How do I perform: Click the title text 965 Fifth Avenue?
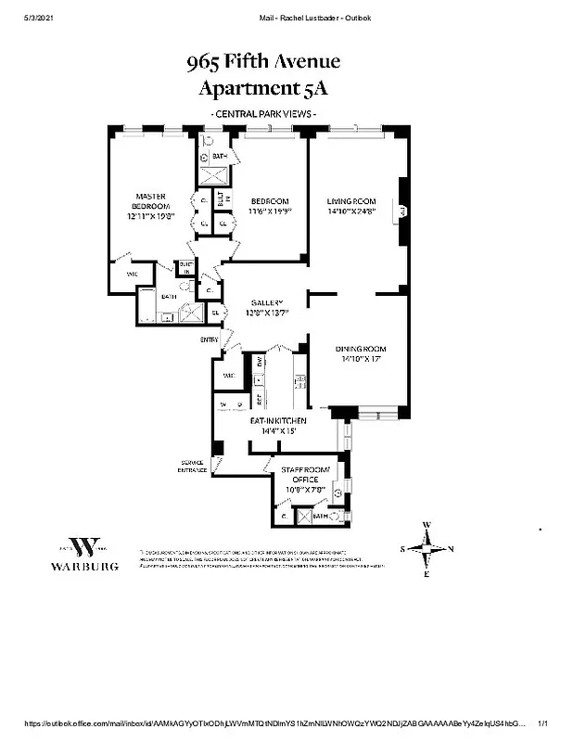coord(264,62)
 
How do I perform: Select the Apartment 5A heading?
coord(264,89)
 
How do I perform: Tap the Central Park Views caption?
coord(264,114)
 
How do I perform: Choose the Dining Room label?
coord(358,349)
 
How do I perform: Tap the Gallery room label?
coord(267,303)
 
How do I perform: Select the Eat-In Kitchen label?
coord(278,421)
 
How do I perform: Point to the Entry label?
coord(209,339)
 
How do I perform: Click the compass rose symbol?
coord(427,550)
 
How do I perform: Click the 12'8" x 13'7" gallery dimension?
coord(267,313)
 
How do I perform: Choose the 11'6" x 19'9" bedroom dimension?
coord(269,211)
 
